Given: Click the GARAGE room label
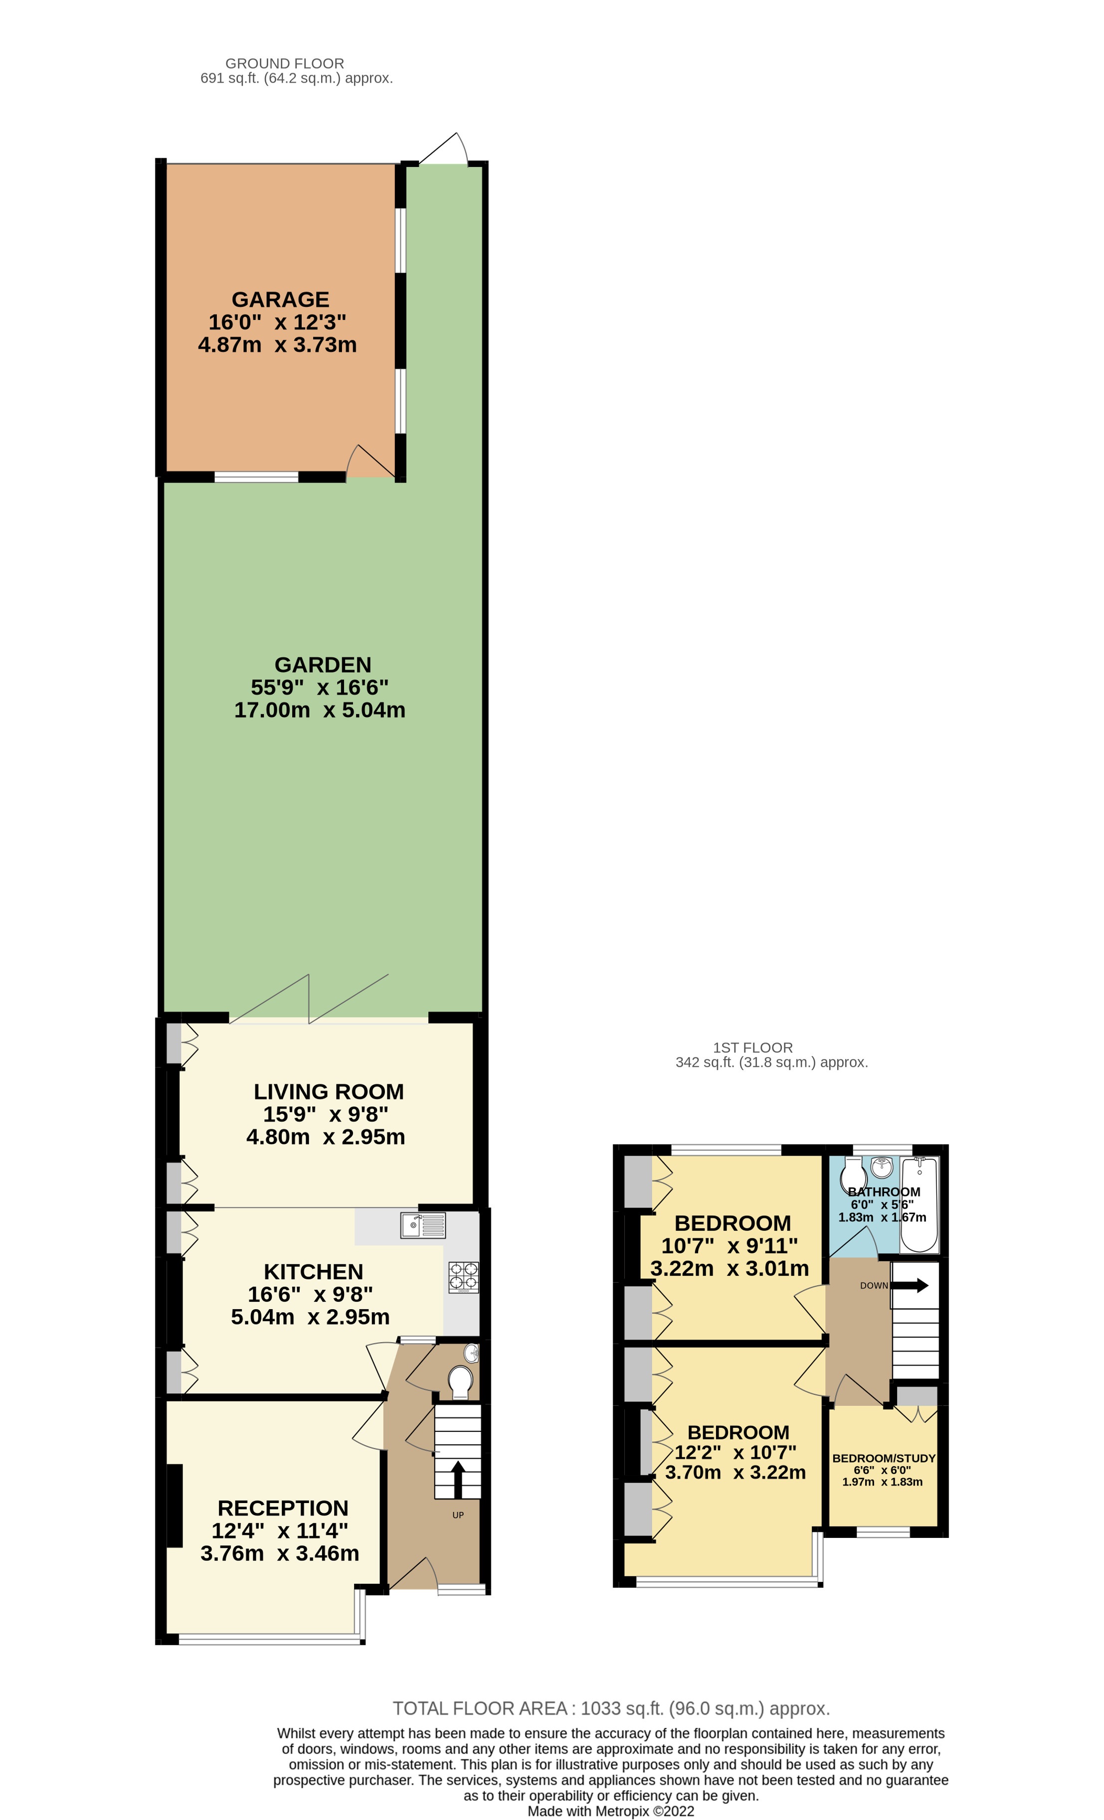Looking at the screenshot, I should coord(280,299).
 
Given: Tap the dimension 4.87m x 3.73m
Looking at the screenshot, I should coord(277,345).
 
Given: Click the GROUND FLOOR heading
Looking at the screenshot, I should coord(285,63).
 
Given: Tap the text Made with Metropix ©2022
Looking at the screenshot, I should coord(610,1811).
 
